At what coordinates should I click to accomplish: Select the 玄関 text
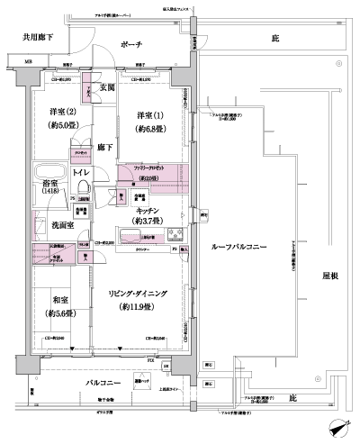[107, 86]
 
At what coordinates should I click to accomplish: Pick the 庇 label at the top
[274, 40]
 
